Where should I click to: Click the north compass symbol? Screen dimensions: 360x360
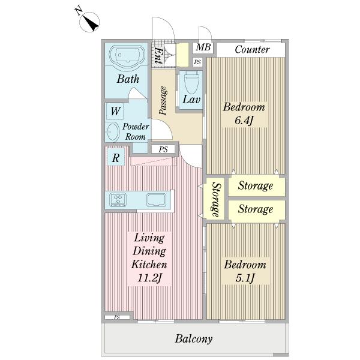[89, 22]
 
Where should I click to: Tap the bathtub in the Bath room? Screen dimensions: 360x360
[127, 56]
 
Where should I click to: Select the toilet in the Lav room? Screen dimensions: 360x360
[191, 82]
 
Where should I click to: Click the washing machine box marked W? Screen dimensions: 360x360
[115, 111]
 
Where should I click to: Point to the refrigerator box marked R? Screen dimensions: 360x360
[116, 157]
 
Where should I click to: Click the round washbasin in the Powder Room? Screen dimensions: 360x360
[112, 132]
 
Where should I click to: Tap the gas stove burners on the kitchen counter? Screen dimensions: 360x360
[118, 199]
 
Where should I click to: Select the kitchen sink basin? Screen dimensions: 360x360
[157, 200]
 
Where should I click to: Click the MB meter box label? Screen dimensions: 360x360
[203, 47]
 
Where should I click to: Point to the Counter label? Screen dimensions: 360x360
[252, 49]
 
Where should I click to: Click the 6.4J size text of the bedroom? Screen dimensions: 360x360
[244, 121]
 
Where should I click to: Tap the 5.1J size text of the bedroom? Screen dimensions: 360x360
[245, 278]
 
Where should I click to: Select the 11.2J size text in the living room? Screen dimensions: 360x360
[149, 278]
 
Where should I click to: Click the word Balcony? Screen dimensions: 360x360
[194, 339]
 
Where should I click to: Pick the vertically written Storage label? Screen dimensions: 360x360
[216, 200]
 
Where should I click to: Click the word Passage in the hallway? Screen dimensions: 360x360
[163, 100]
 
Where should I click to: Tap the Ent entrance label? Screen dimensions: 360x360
[158, 56]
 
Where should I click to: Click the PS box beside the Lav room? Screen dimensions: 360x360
[197, 62]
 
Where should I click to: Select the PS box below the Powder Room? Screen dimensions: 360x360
[163, 149]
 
